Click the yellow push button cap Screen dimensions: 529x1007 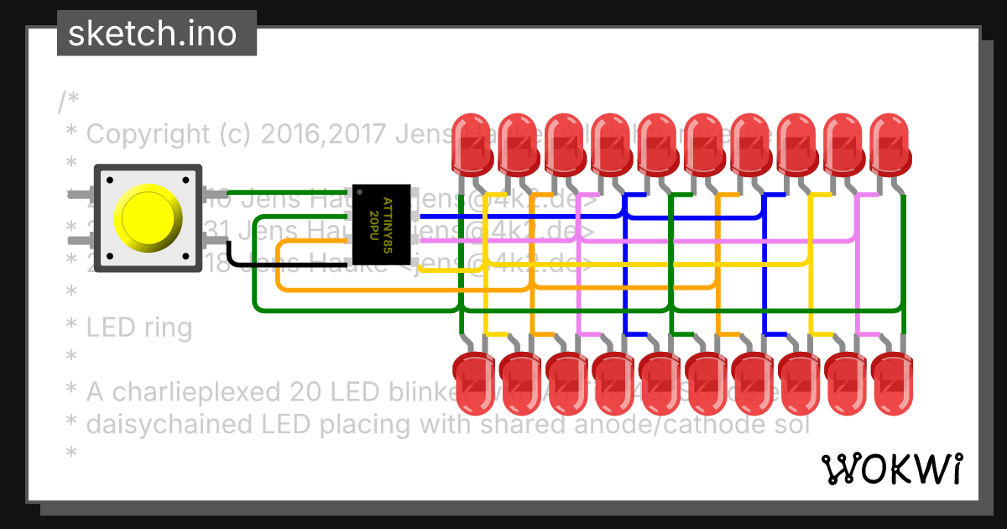click(148, 217)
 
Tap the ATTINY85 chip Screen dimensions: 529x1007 click(381, 223)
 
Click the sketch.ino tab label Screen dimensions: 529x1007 click(151, 34)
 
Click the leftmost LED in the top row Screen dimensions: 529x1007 click(473, 143)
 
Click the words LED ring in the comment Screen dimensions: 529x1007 click(139, 327)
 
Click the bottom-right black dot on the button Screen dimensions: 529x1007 click(186, 255)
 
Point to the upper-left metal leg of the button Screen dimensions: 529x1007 click(81, 196)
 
